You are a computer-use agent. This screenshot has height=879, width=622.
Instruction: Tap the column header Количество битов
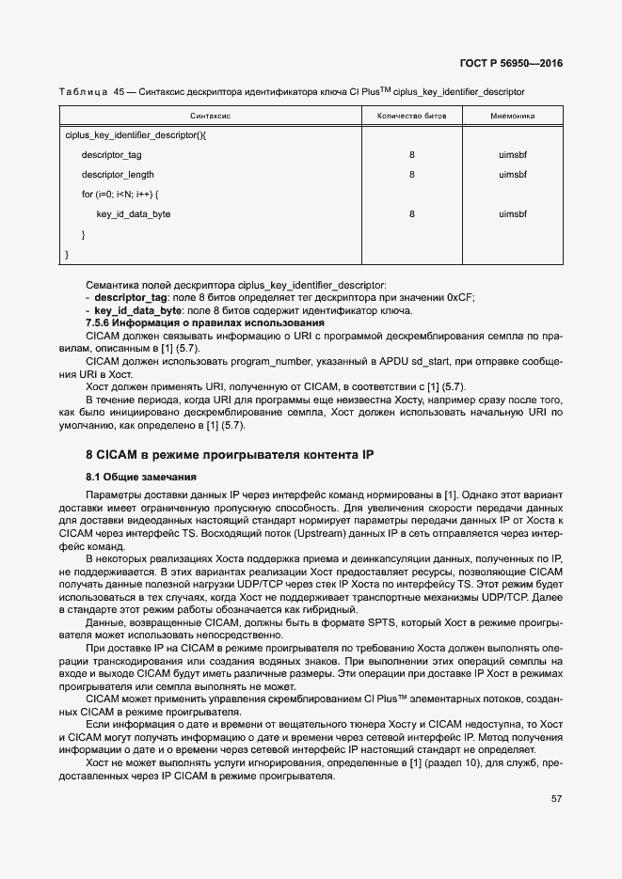(x=412, y=116)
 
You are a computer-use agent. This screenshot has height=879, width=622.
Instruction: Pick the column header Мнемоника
(x=513, y=116)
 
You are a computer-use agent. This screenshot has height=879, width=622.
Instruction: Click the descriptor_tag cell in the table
(x=111, y=155)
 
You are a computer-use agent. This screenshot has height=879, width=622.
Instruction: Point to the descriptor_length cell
(x=118, y=175)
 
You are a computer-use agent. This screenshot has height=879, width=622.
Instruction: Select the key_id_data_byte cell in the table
(x=133, y=214)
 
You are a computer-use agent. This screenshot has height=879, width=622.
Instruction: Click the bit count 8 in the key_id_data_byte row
(x=412, y=214)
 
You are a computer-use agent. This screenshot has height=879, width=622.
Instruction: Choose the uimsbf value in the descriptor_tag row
(x=513, y=155)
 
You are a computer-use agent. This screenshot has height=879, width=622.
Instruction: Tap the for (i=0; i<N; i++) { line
(x=120, y=195)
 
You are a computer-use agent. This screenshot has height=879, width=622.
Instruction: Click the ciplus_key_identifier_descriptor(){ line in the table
(x=136, y=135)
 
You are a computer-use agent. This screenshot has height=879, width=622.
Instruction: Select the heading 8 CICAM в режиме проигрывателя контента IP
(x=230, y=455)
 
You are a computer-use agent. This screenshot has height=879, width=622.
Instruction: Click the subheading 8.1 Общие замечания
(x=136, y=477)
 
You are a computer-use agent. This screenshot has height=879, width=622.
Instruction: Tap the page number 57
(x=556, y=799)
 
